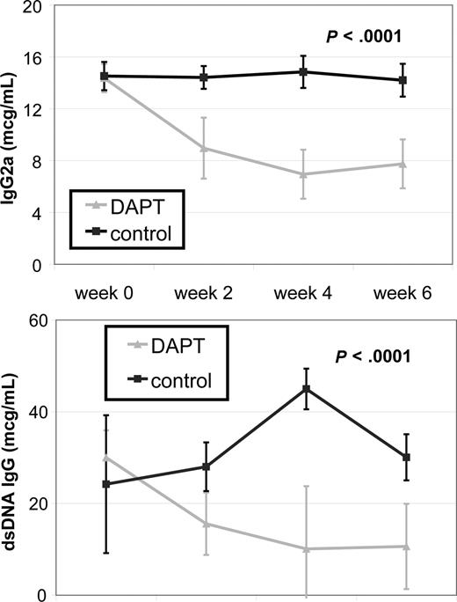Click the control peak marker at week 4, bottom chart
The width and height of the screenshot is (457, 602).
pyautogui.click(x=306, y=389)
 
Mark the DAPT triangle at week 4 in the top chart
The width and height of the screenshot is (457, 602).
pyautogui.click(x=304, y=174)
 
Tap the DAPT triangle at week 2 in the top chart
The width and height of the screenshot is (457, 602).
pyautogui.click(x=204, y=148)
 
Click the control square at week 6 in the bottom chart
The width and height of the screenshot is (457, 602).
pyautogui.click(x=405, y=458)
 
